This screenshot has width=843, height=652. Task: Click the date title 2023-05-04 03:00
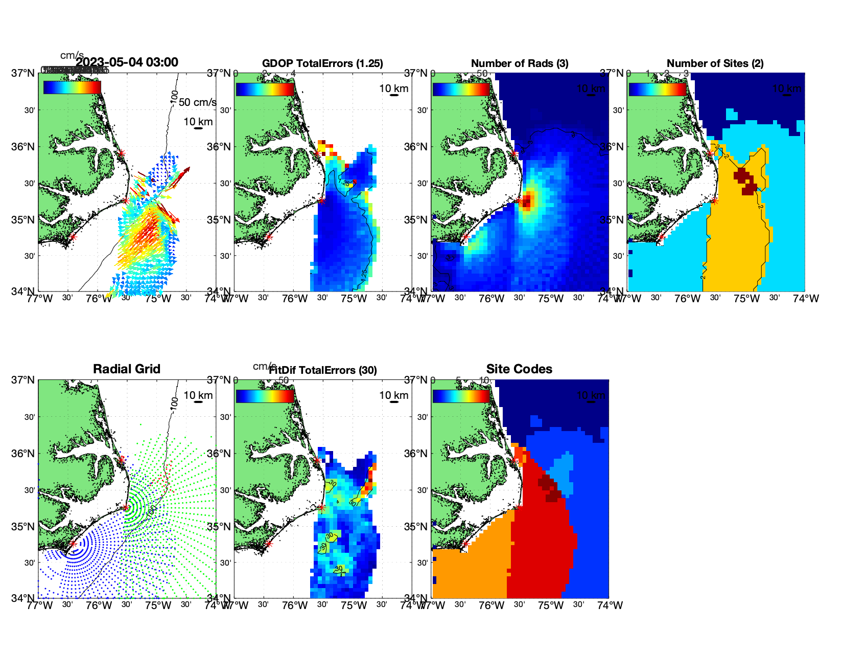pos(127,62)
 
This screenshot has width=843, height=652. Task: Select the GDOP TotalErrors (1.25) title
pos(322,63)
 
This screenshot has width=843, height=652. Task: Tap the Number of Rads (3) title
pos(520,63)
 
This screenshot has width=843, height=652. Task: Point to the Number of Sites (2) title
pos(715,63)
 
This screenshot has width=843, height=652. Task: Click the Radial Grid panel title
pos(127,369)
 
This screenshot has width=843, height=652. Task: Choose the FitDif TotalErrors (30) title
pos(323,370)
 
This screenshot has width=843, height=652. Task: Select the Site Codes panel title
pos(519,369)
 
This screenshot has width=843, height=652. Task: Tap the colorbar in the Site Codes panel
pos(461,396)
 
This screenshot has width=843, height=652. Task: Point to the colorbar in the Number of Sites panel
pos(657,89)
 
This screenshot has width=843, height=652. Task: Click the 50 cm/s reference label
pos(197,102)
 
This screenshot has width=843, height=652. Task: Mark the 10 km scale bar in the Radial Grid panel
pos(198,402)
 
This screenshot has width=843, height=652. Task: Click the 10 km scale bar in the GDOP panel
pos(394,95)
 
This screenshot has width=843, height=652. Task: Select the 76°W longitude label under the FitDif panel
pos(295,605)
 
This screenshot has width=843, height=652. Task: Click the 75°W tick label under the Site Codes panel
pos(551,605)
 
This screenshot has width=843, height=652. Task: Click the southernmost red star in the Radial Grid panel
pos(73,544)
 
